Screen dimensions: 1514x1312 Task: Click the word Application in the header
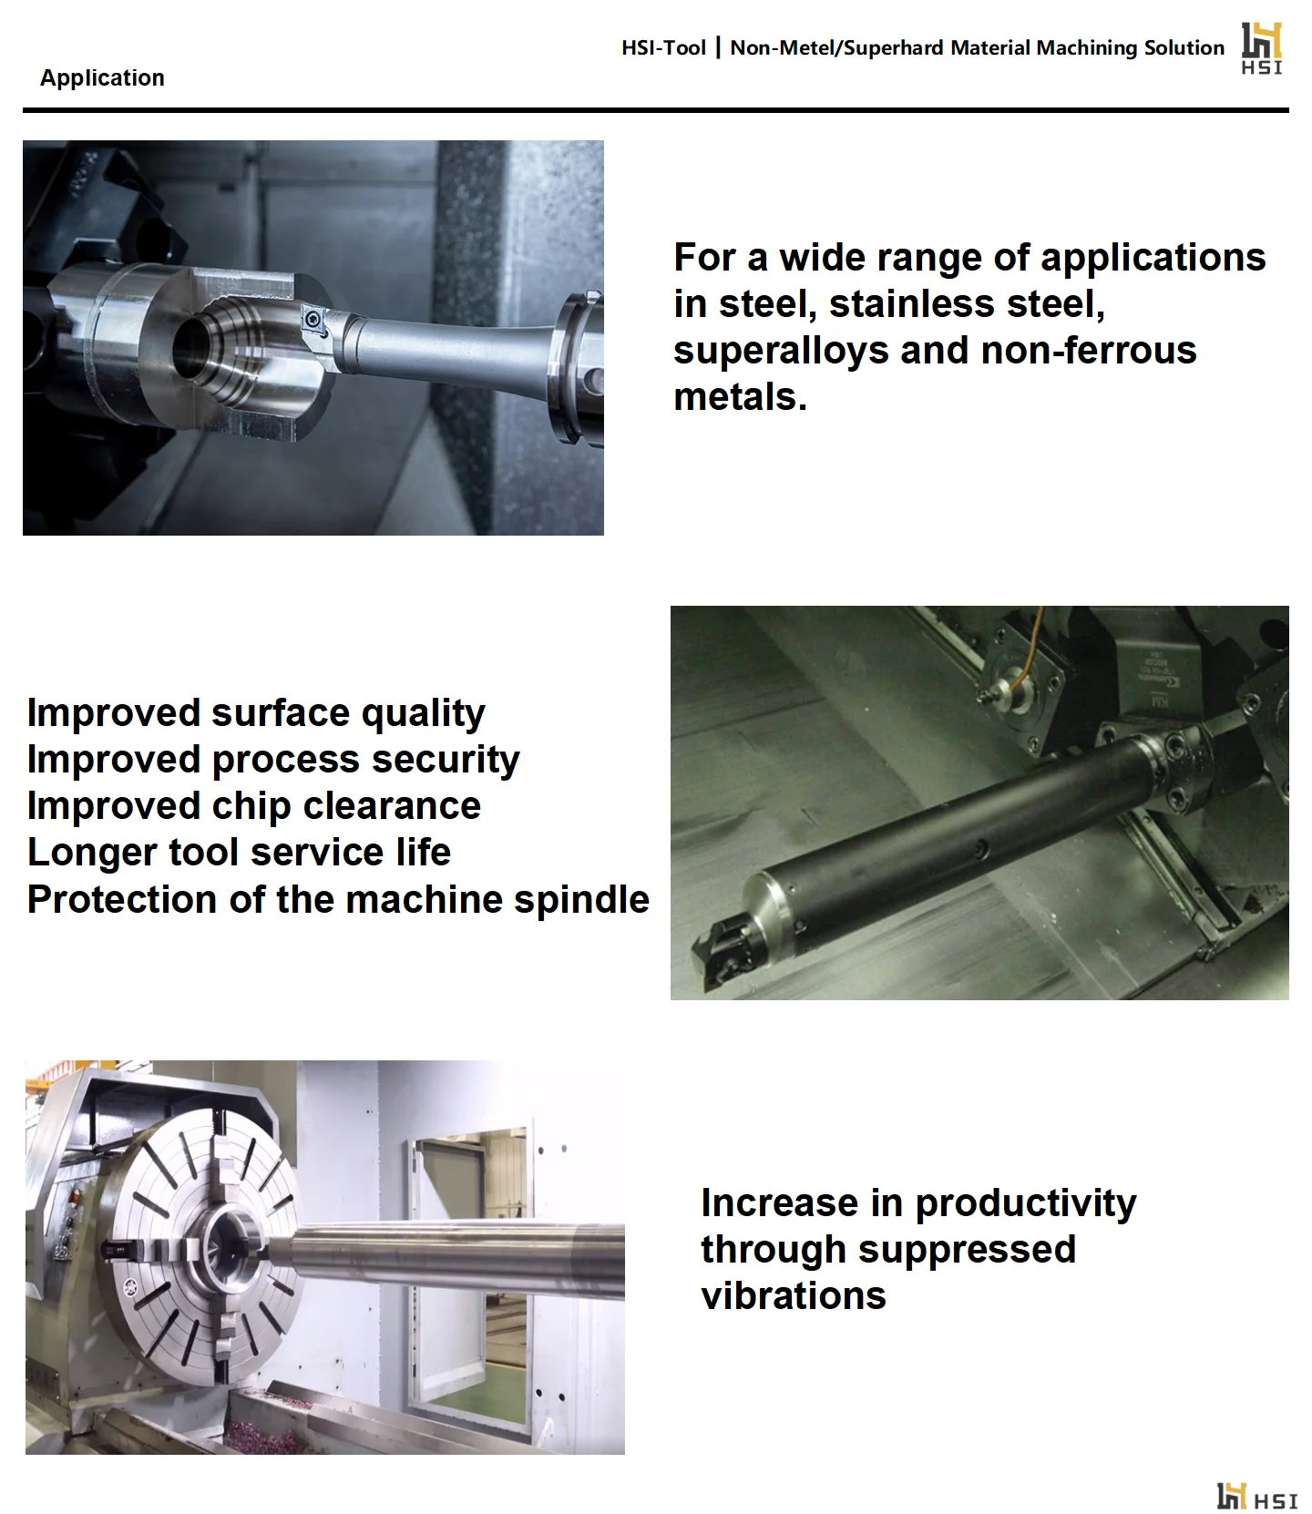point(102,78)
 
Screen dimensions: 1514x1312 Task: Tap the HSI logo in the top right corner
point(1262,48)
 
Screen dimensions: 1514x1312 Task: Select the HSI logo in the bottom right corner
point(1256,1496)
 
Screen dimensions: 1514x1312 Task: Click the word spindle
point(581,900)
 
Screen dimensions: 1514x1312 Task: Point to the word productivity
point(1026,1204)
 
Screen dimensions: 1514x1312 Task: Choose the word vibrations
point(794,1296)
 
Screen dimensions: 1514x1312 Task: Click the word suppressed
point(967,1250)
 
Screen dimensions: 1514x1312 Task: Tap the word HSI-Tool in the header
point(663,48)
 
